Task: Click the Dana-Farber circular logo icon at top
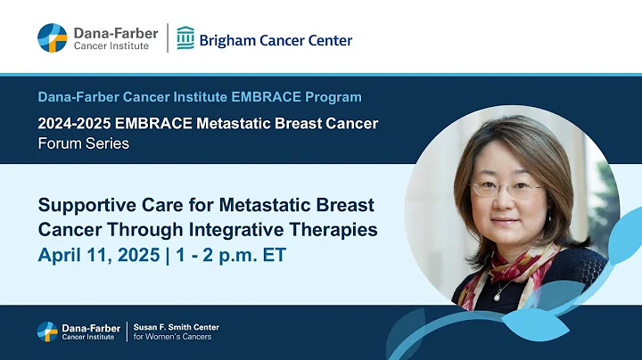point(52,38)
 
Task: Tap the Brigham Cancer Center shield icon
point(185,38)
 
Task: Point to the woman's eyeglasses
point(506,189)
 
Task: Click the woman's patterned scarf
point(495,267)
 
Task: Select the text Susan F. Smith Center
point(177,327)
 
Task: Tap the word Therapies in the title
point(333,230)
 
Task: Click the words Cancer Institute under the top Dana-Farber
point(112,46)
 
